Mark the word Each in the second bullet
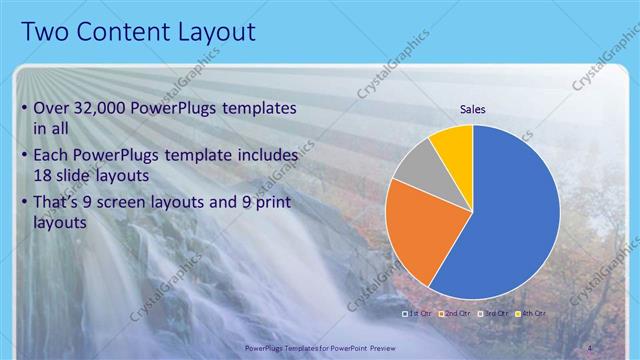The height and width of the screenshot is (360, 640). [x=54, y=156]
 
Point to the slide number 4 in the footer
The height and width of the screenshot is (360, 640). [x=590, y=347]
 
